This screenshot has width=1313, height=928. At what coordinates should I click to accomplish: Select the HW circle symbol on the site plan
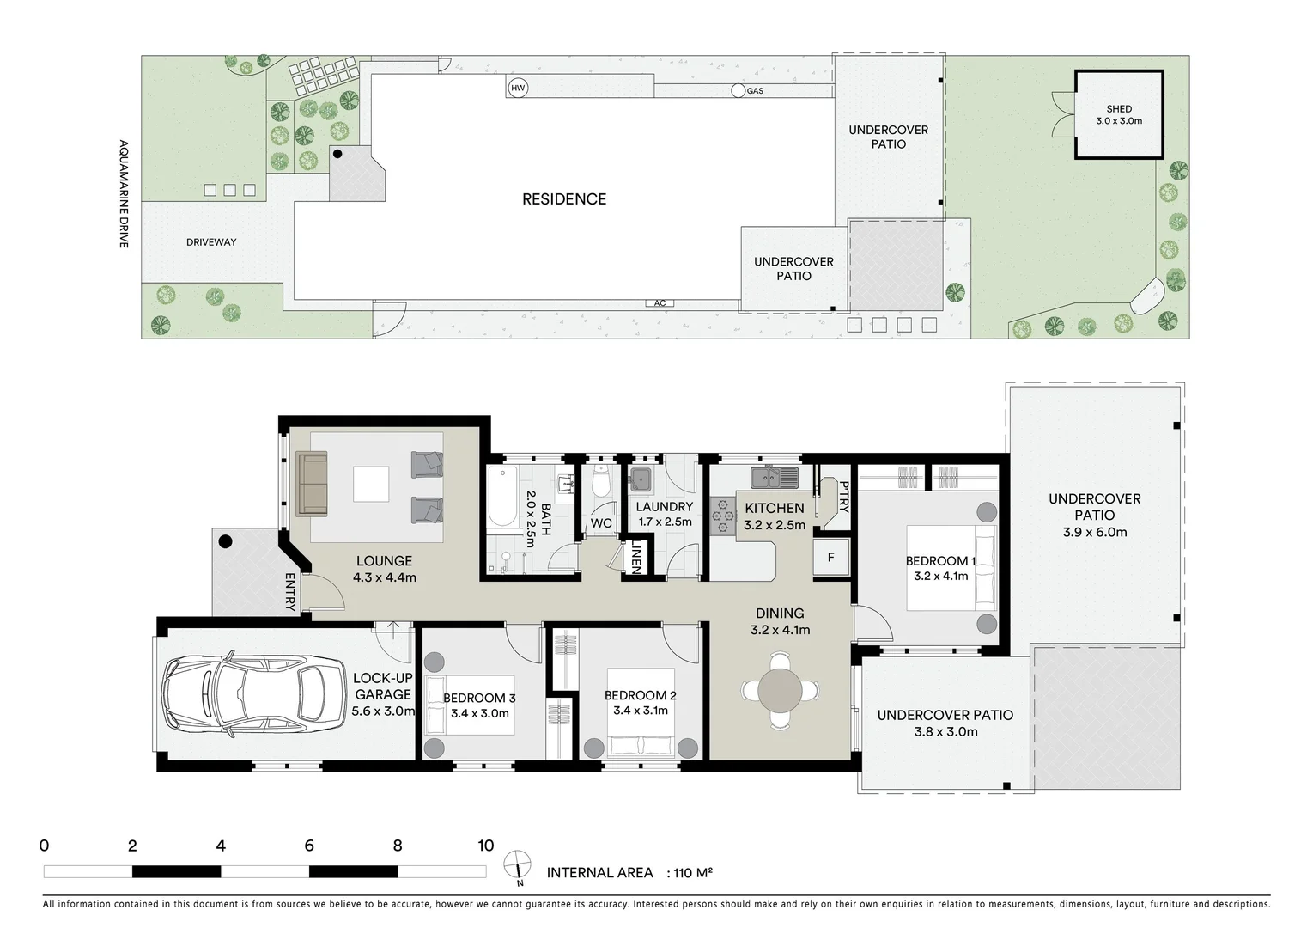pos(518,89)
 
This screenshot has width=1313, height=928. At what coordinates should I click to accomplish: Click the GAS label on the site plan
pos(755,91)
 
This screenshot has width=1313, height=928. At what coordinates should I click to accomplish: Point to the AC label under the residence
pos(660,303)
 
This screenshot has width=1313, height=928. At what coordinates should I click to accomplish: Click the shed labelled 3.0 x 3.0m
pos(1119,115)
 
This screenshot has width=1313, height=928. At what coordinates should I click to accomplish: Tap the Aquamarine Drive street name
pos(124,194)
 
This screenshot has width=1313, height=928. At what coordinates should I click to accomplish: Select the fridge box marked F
pos(830,558)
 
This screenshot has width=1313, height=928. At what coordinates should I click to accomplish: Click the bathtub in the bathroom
pos(499,496)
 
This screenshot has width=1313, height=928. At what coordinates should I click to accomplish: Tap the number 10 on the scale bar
pos(485,846)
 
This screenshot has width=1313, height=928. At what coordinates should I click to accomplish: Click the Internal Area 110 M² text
pos(629,873)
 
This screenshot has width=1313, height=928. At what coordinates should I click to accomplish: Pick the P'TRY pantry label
pos(843,497)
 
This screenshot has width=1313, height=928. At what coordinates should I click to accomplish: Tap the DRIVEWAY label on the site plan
pos(211,242)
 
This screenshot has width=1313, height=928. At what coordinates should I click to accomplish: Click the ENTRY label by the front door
pos(290,592)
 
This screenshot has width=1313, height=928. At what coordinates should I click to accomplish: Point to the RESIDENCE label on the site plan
pos(564,199)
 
